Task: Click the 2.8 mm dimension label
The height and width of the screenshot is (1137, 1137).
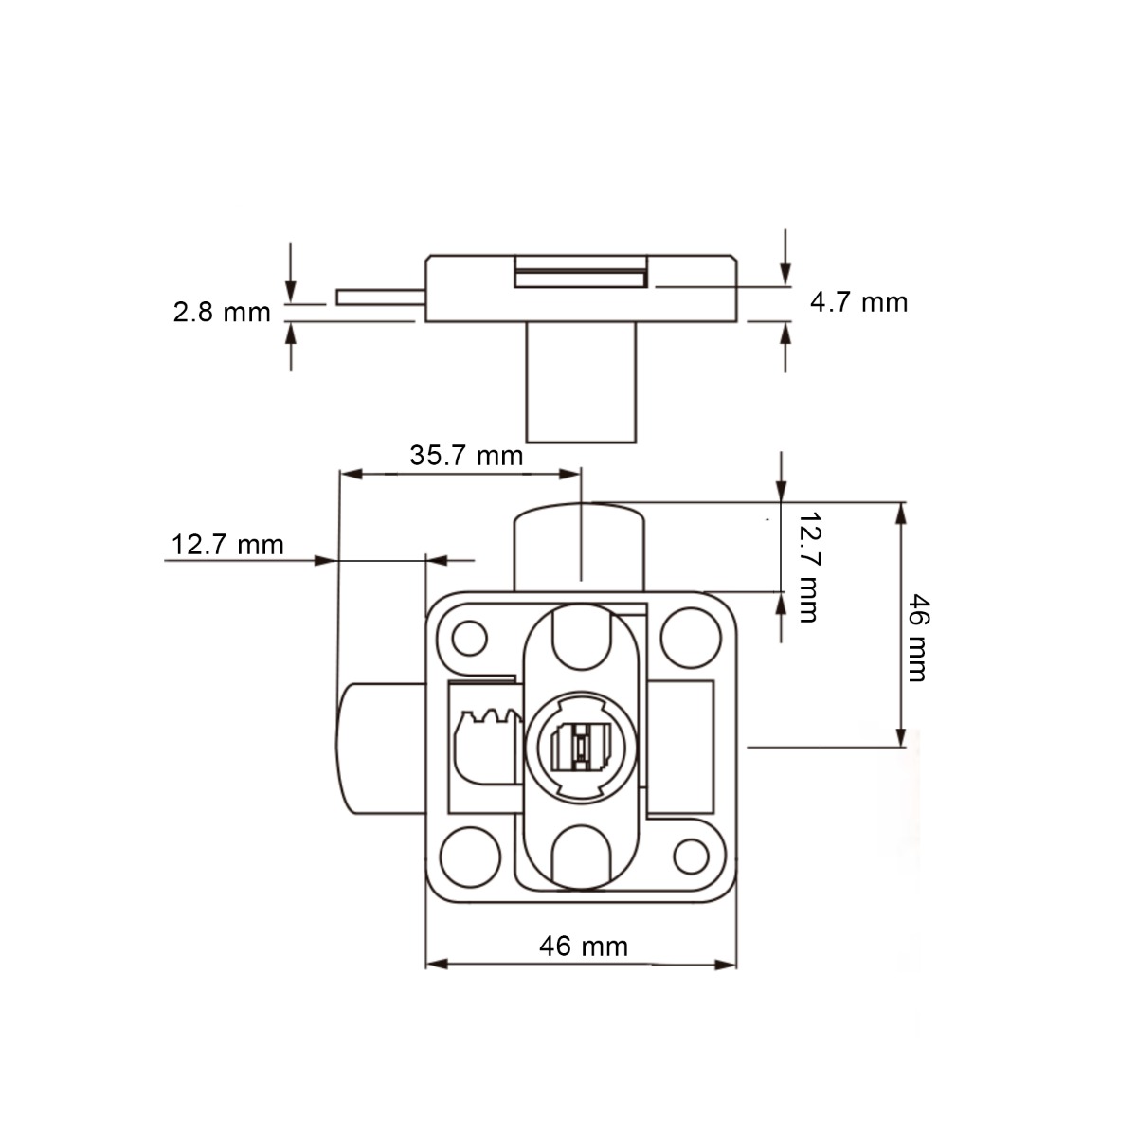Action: tap(222, 312)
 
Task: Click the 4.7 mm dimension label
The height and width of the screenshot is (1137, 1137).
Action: tap(858, 302)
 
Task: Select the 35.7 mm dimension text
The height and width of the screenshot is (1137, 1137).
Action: tap(466, 456)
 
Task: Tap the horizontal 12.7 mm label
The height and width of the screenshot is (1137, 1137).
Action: tap(227, 545)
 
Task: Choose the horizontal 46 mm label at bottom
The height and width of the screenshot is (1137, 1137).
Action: tap(583, 946)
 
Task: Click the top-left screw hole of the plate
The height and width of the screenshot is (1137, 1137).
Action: tap(469, 639)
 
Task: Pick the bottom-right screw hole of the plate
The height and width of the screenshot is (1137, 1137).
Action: tap(691, 856)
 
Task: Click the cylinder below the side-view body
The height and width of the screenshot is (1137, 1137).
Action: tap(581, 382)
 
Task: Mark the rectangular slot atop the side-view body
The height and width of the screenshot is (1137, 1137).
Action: tap(581, 276)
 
